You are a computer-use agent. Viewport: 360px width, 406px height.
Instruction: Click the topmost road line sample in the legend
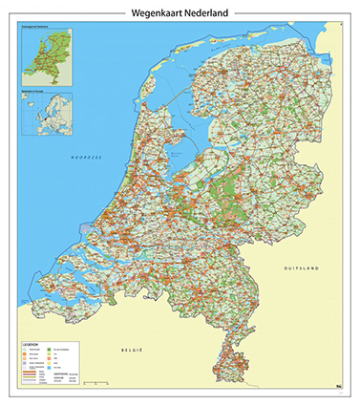tap(32, 376)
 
